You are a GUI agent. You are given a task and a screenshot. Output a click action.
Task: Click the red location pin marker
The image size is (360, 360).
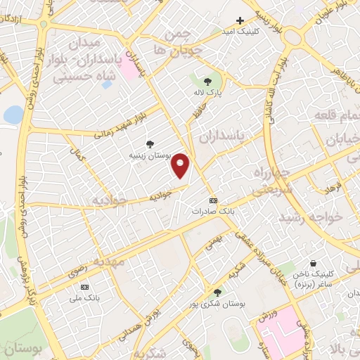tap(181, 165)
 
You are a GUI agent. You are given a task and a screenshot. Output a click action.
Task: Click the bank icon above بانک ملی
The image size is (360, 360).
tap(85, 287)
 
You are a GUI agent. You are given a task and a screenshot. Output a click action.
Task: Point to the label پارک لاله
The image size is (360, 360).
tap(209, 91)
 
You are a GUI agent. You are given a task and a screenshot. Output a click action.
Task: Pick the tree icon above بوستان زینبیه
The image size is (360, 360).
tap(148, 143)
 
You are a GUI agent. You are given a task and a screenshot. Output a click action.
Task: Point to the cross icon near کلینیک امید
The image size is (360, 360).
tap(240, 21)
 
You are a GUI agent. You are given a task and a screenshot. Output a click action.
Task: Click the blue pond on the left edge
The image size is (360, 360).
tap(13, 114)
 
